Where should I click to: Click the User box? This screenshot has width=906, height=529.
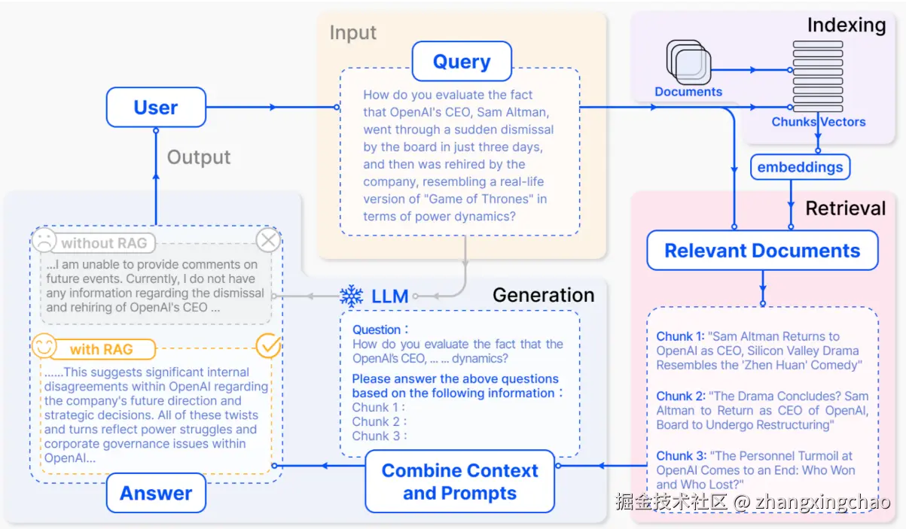[156, 107]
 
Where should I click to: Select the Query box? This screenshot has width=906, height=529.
[462, 61]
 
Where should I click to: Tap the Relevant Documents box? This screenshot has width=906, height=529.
[762, 250]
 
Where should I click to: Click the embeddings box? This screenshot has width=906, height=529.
[800, 167]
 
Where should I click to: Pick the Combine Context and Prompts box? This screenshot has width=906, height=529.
[460, 482]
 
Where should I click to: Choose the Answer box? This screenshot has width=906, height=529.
[156, 493]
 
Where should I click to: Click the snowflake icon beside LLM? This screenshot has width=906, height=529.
[352, 296]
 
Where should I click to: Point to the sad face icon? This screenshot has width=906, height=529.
[44, 241]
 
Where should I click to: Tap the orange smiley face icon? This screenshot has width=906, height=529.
[44, 346]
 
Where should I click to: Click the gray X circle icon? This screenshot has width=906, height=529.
[268, 241]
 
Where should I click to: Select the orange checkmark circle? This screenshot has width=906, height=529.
[268, 346]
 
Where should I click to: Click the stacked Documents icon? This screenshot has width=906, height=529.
[688, 62]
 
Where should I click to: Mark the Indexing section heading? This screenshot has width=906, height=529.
[847, 25]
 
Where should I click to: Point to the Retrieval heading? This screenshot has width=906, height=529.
[845, 208]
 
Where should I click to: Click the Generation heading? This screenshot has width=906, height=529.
[544, 295]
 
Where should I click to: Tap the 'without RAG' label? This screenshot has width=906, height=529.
[104, 243]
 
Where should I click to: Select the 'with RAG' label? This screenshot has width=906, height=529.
[101, 349]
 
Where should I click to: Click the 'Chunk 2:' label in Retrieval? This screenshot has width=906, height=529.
[681, 396]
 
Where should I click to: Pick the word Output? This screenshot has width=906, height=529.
[199, 157]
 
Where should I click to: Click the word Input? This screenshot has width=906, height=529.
[352, 33]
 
